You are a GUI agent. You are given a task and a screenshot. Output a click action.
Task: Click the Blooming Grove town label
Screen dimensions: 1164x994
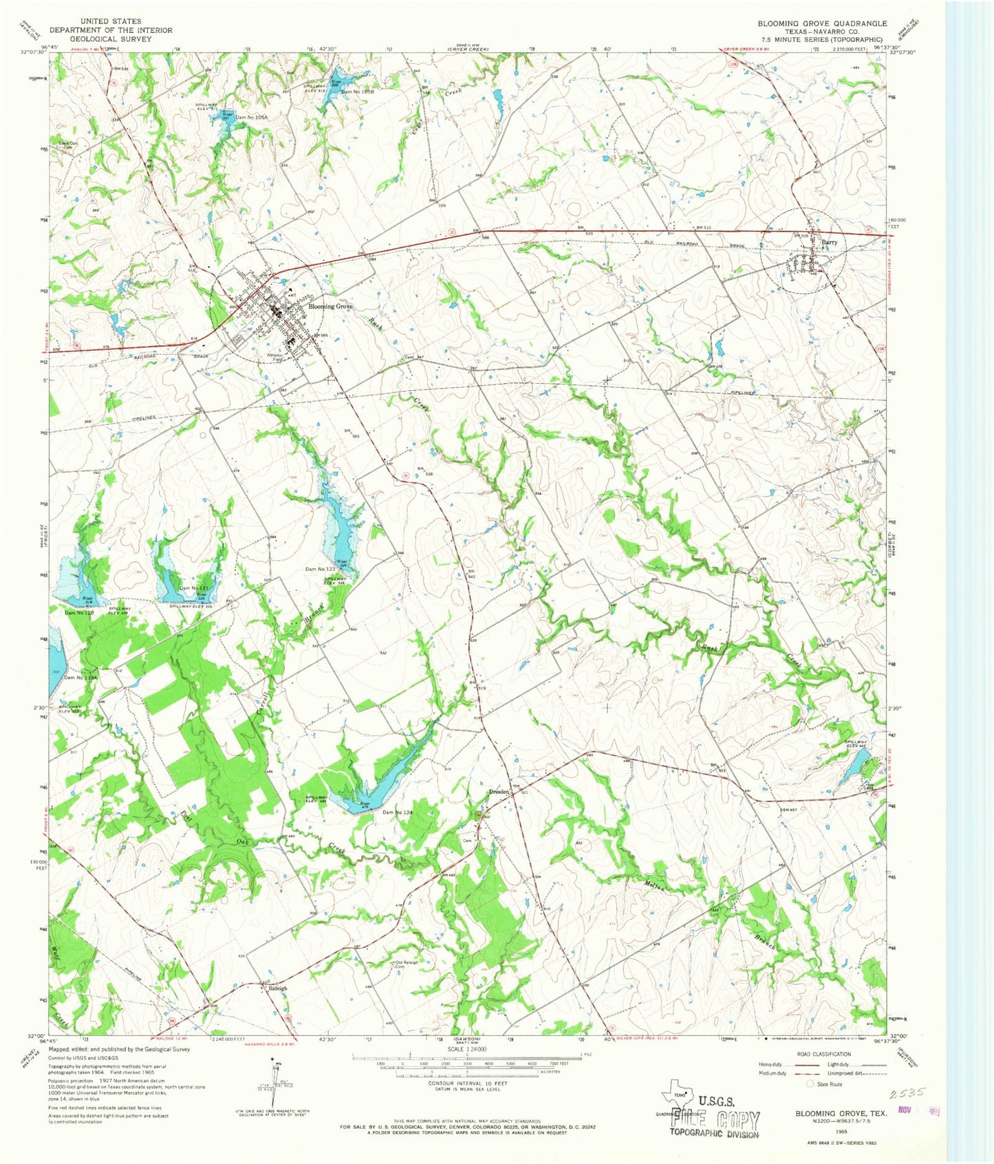point(330,307)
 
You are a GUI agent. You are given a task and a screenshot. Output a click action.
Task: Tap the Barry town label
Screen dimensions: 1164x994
point(830,243)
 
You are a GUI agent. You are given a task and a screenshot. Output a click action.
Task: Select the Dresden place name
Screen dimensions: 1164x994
point(499,793)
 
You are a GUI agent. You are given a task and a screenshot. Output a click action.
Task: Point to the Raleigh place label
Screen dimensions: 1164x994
point(278,988)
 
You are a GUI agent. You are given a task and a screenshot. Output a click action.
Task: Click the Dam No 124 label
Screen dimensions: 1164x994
point(397,812)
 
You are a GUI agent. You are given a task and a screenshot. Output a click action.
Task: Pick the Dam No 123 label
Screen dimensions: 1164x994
point(320,570)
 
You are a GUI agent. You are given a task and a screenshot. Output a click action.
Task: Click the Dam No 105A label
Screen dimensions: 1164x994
point(251,118)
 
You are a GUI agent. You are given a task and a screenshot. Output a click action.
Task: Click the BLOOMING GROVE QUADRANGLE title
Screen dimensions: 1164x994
point(822,23)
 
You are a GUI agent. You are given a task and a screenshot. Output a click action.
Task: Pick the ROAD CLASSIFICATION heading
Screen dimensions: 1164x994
point(824,1054)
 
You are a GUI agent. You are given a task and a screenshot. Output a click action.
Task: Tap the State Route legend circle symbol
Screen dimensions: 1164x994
point(810,1084)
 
